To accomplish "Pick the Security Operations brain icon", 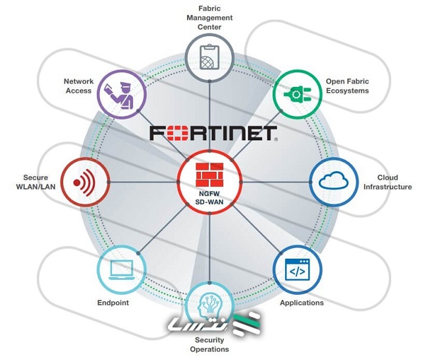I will [209, 304].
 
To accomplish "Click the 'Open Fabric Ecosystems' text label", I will [347, 86].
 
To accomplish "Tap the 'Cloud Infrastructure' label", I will [387, 182].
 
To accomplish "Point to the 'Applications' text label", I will [302, 303].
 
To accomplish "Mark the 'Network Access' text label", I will [78, 86].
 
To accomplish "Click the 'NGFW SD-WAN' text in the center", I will [209, 192].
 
